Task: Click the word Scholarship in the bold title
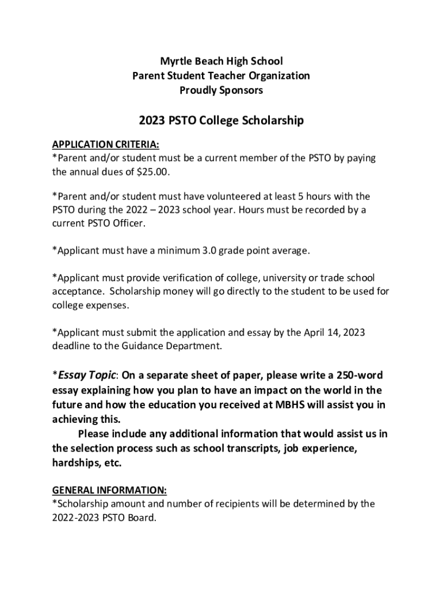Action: coord(270,121)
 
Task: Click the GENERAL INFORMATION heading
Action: coord(109,491)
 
